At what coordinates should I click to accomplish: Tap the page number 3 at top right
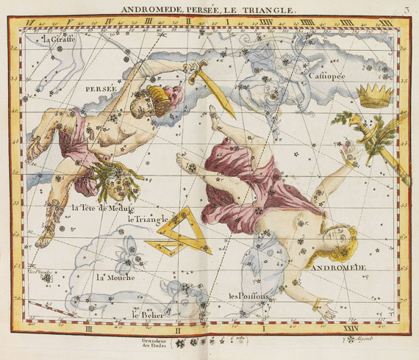(x=407, y=9)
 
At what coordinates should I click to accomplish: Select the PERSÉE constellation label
(x=101, y=87)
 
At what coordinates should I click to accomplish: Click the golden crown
(x=374, y=93)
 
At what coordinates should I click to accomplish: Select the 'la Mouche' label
(x=114, y=277)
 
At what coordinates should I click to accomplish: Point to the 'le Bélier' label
(x=146, y=314)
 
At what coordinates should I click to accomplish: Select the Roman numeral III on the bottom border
(x=87, y=330)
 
